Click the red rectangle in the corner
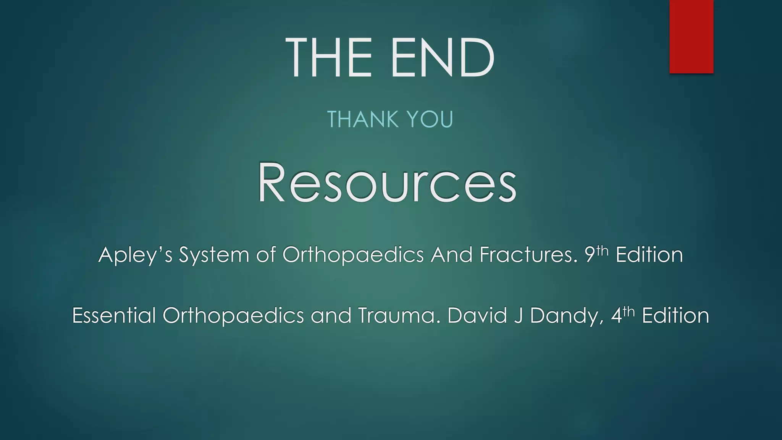tap(691, 36)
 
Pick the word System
tap(214, 255)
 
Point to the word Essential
tap(114, 316)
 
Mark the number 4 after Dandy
tap(616, 316)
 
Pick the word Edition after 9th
tap(649, 255)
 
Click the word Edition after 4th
tap(675, 316)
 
